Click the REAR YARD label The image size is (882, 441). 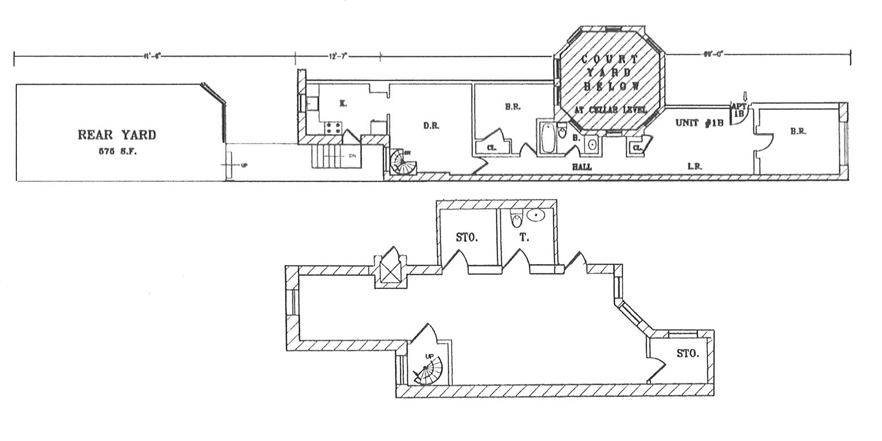pos(117,135)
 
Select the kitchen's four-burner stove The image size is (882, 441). pos(333,127)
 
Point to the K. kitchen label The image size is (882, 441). pos(343,103)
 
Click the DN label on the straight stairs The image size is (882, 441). pos(353,155)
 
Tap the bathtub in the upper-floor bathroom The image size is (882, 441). pos(546,138)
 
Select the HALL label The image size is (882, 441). pos(581,167)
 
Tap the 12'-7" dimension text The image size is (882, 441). pos(338,56)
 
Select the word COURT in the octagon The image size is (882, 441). pos(610,59)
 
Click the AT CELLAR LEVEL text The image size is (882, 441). pos(610,109)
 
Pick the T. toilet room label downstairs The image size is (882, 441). pos(524,238)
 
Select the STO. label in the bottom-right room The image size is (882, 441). pos(688,354)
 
